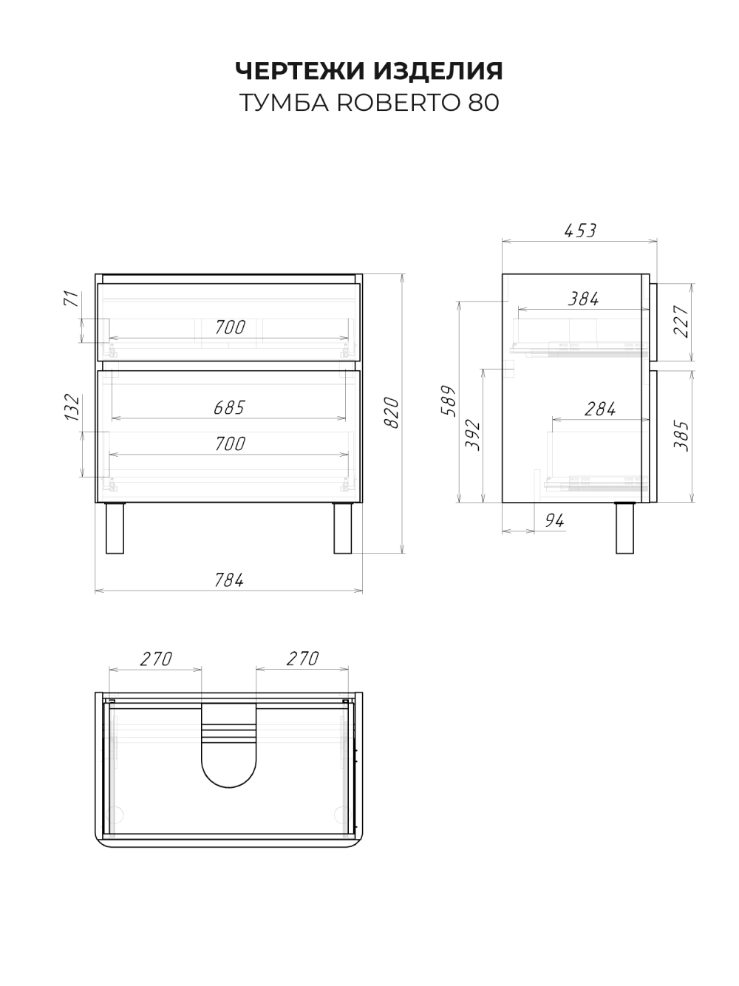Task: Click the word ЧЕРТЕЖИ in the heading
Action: (x=300, y=71)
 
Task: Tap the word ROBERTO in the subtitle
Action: (x=398, y=103)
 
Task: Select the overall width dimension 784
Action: (x=229, y=580)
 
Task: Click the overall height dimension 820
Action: (x=392, y=412)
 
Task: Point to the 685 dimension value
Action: (x=229, y=407)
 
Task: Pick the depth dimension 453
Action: (x=580, y=231)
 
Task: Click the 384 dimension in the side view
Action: (x=583, y=299)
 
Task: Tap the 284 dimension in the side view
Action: (x=600, y=409)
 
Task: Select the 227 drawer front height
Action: (x=681, y=322)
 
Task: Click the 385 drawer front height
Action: (x=681, y=436)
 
